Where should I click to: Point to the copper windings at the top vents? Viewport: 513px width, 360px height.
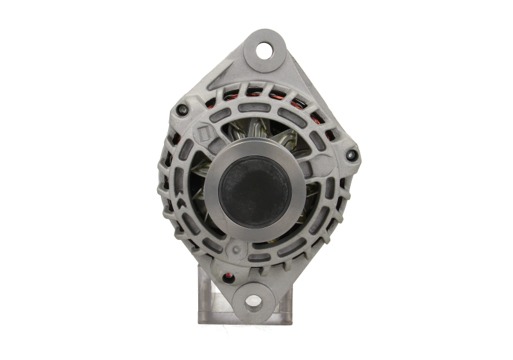pos(282,96)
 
